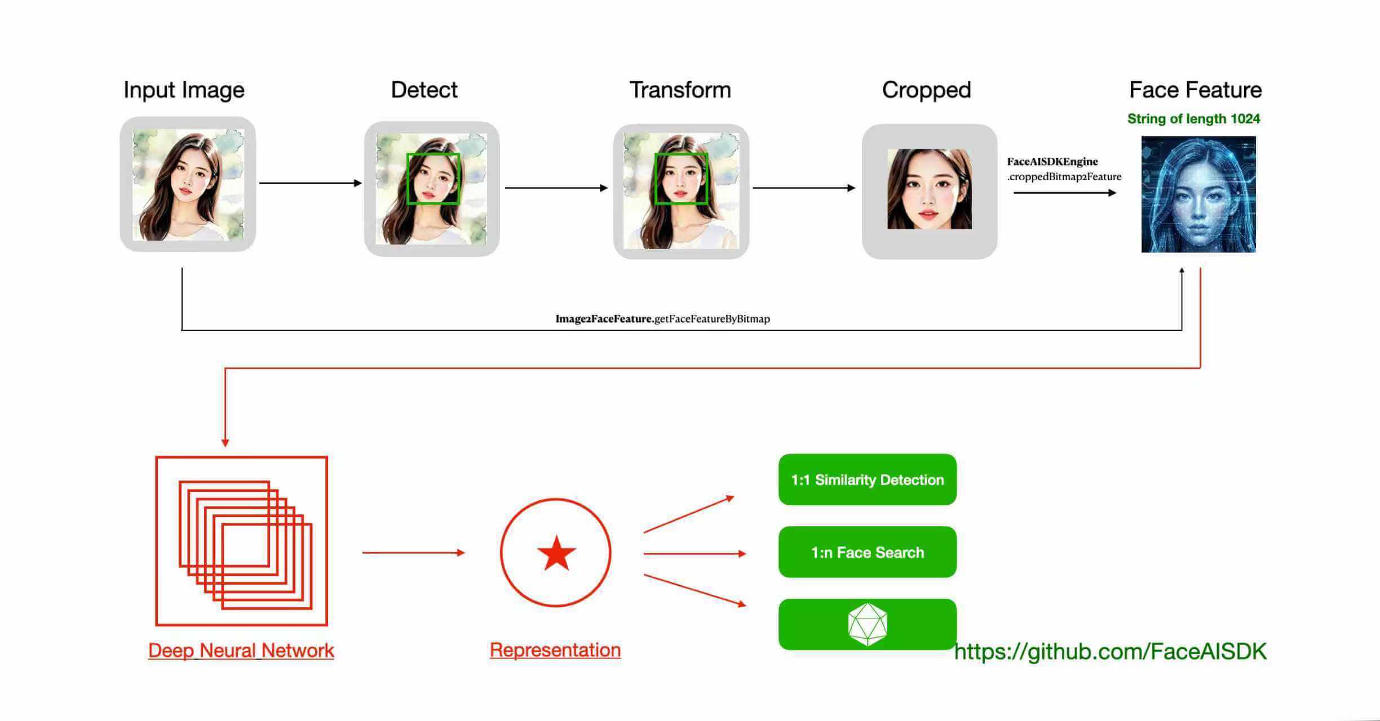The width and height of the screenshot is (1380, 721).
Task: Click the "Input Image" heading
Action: (x=184, y=90)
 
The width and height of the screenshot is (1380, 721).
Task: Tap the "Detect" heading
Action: (x=424, y=90)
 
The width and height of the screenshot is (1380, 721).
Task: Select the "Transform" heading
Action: (x=680, y=90)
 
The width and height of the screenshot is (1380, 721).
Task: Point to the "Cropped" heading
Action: (x=926, y=90)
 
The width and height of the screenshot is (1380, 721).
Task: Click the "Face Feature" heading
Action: (x=1195, y=90)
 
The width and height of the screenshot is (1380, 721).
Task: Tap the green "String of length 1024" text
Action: (x=1193, y=119)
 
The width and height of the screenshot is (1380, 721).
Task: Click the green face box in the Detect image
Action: (x=433, y=179)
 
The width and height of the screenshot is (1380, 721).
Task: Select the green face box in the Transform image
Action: (x=681, y=179)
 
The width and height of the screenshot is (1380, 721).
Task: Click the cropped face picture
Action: (x=929, y=189)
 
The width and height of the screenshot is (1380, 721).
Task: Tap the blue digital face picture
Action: (x=1198, y=194)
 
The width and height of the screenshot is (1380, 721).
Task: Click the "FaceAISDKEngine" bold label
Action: (x=1052, y=162)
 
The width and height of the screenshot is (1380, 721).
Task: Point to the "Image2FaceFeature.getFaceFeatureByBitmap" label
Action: (x=662, y=319)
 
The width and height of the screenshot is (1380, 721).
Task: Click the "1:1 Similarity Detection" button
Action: (x=867, y=480)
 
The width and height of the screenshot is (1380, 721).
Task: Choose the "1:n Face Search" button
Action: (x=867, y=552)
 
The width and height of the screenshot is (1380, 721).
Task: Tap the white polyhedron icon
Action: (x=868, y=624)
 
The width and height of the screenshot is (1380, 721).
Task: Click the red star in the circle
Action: (x=556, y=553)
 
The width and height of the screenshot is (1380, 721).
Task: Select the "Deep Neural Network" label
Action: (x=241, y=651)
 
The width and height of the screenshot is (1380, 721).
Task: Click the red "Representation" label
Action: (x=555, y=650)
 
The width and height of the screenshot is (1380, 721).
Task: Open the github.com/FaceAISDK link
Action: (x=1110, y=652)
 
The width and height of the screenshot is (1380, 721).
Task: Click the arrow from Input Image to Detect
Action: (x=310, y=183)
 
